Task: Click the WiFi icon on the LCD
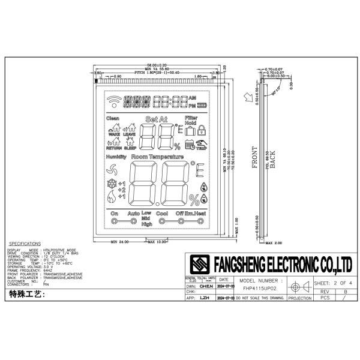tap(112, 101)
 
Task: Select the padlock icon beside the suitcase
tap(202, 129)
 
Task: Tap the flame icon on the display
tap(111, 197)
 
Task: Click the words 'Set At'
tap(156, 120)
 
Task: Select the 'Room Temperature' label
tap(157, 157)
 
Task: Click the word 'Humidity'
tap(116, 157)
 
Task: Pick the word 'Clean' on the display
tap(113, 119)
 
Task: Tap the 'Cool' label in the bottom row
tap(162, 214)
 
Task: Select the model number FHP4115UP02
tap(260, 289)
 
